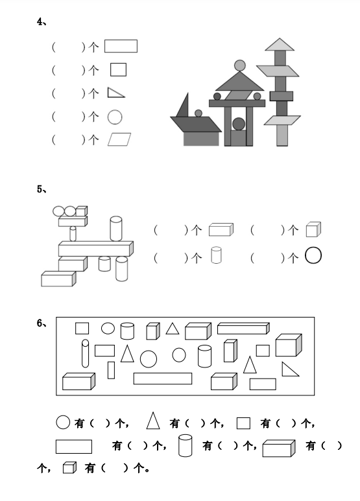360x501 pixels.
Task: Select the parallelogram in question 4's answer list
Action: (x=119, y=139)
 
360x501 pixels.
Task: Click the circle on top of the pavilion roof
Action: (x=240, y=65)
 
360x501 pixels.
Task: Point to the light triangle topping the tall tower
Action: (x=280, y=45)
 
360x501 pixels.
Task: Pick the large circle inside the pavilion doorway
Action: (x=239, y=124)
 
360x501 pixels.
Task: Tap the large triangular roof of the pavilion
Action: (x=239, y=82)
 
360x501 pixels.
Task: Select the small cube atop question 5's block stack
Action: (x=82, y=211)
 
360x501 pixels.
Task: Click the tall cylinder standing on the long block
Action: (x=115, y=228)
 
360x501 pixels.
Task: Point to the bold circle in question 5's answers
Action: (x=313, y=255)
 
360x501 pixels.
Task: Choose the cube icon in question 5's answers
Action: (x=313, y=229)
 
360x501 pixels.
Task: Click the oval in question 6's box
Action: (x=108, y=328)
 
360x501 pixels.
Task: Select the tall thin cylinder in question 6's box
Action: (x=85, y=353)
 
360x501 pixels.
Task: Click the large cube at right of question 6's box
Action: (x=289, y=345)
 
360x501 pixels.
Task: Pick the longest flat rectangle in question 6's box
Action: (x=163, y=379)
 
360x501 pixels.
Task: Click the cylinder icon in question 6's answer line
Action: (x=185, y=445)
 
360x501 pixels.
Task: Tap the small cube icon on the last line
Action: (x=69, y=467)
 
